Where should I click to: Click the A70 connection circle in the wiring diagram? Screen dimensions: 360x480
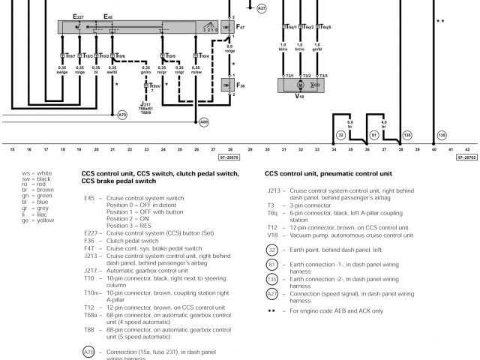123,114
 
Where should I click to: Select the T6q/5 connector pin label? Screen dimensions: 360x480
323,26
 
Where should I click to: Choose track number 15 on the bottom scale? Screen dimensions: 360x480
12,150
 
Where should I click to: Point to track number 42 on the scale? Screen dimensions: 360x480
467,150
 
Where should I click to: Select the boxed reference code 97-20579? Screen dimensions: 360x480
229,158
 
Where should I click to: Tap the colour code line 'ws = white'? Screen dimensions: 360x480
37,174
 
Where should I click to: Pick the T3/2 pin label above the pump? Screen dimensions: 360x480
306,76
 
